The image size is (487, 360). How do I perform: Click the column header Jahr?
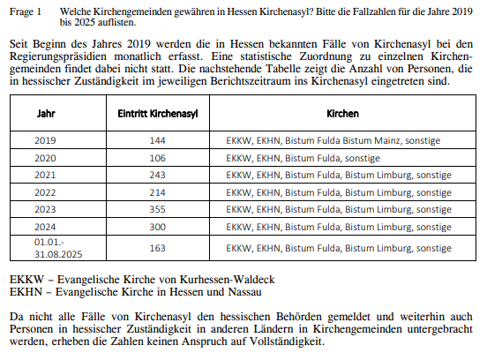[45, 115]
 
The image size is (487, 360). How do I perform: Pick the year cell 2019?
[45, 140]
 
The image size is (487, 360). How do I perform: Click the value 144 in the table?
[157, 140]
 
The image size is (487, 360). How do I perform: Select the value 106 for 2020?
[157, 157]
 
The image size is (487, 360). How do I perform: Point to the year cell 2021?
[45, 175]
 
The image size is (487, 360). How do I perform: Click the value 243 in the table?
[157, 175]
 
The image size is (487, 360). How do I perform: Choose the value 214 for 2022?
[157, 191]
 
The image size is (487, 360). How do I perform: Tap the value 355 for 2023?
[157, 209]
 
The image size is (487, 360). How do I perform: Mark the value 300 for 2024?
[157, 226]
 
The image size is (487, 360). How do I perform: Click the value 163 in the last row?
[157, 248]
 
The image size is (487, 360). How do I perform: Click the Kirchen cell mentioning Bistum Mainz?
[332, 140]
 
